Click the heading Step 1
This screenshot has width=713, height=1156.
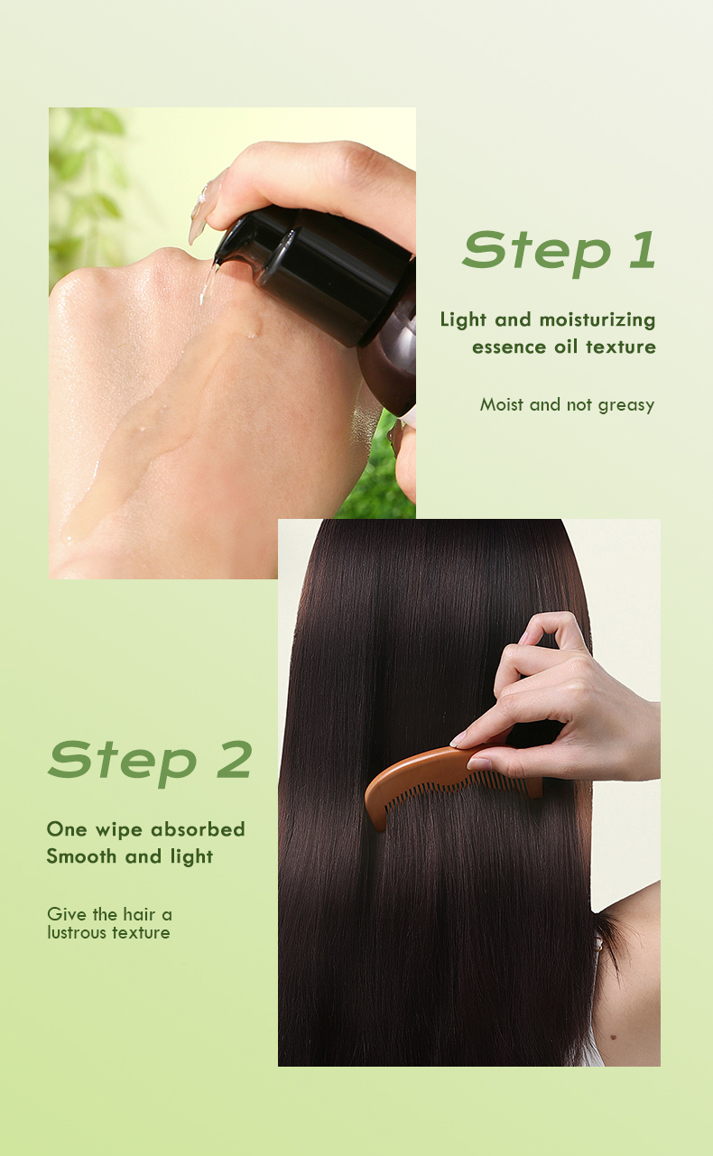tap(559, 250)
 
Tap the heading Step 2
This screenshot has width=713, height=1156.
tap(150, 760)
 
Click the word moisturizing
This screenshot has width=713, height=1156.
tap(597, 319)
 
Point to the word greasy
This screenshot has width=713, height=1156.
tap(625, 405)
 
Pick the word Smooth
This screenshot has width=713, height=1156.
tap(82, 856)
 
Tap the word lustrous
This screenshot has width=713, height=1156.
tap(75, 933)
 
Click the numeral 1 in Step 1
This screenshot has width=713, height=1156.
tap(642, 250)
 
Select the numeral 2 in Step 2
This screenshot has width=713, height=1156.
tap(234, 760)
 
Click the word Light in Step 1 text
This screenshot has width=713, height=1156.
tap(463, 319)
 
